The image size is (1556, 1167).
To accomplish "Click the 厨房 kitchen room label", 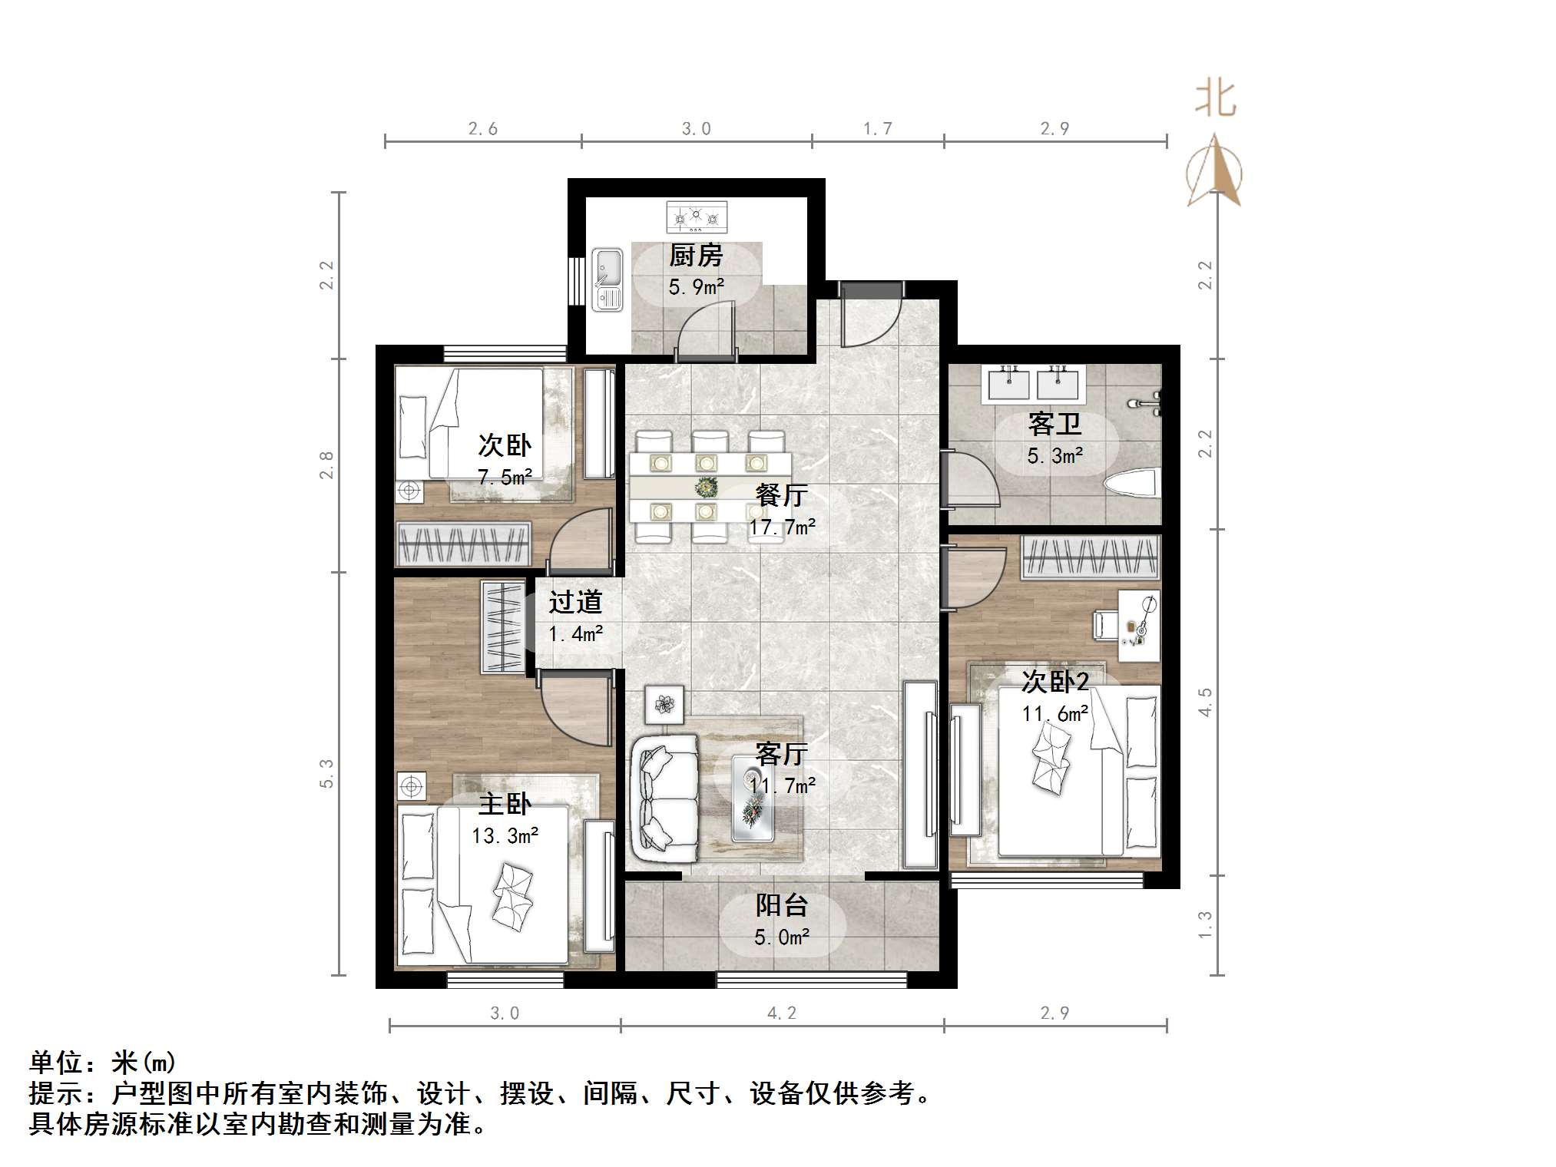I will pos(696,255).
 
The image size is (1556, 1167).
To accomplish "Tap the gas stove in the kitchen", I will pos(697,217).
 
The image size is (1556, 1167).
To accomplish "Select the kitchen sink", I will pos(608,279).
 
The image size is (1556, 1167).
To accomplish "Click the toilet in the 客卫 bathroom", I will pos(1131,485).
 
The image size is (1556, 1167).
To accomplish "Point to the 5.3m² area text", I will pos(1054,455).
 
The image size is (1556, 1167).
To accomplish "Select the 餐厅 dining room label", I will pos(781,494).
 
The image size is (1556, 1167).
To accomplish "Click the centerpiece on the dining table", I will pos(706,486).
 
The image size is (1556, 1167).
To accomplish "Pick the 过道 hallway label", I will pos(575,602).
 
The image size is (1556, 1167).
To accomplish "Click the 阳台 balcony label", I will pos(781,905).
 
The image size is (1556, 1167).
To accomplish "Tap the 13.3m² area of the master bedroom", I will pos(505,835).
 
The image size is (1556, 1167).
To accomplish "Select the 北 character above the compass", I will pos(1215,99).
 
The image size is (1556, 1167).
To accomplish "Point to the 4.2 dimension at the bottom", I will pos(782,1013).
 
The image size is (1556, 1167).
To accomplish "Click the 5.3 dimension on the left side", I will pos(327,773).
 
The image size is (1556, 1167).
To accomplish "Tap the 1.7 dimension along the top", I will pos(877,128).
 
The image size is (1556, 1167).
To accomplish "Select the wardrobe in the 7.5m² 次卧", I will pos(463,544).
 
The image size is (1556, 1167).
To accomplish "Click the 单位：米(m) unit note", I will pos(103,1063).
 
